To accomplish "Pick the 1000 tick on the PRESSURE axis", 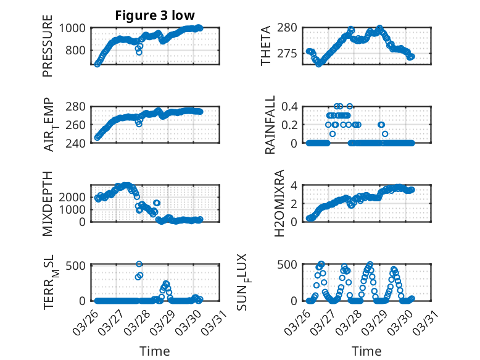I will coord(75,28).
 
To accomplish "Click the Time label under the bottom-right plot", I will coord(366,351).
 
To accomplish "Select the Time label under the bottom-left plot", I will coord(155,351).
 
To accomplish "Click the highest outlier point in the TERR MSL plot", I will coord(139,264).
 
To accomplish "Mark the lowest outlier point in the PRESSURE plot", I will coord(139,52).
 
